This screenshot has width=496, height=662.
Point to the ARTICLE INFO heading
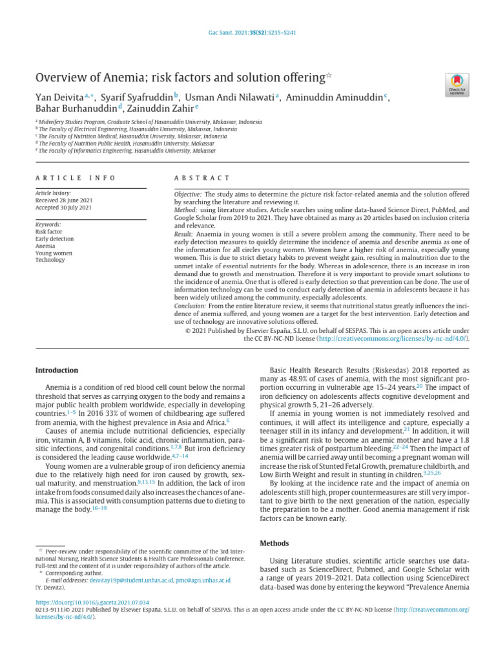point(76,178)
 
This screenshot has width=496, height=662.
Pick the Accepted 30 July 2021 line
point(63,208)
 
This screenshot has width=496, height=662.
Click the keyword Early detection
point(54,239)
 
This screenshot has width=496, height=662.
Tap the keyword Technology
point(50,260)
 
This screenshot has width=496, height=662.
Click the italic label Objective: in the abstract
point(188,195)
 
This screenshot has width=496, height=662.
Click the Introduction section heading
point(56,370)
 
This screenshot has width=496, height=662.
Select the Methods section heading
point(274,543)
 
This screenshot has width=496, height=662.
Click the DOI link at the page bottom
point(96,601)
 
